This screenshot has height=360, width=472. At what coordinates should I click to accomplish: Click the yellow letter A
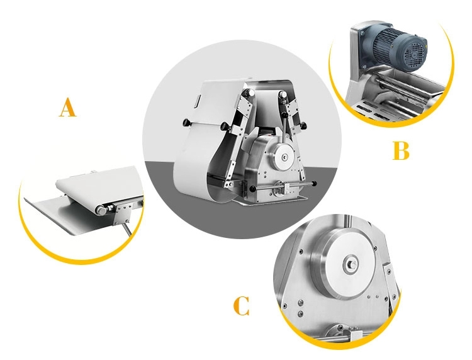[67, 108]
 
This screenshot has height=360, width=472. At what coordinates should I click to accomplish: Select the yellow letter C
[241, 307]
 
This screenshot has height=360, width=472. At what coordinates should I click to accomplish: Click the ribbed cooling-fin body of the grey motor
[385, 44]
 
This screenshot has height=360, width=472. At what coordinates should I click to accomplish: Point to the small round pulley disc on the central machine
[284, 153]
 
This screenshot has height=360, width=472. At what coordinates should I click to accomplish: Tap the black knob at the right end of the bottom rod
[314, 183]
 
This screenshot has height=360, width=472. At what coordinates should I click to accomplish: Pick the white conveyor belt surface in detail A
[94, 183]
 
